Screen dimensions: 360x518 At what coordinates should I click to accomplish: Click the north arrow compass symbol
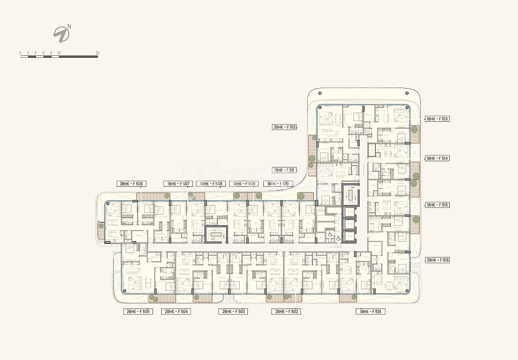click(x=62, y=34)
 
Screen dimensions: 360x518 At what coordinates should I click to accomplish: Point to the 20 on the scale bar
click(x=97, y=52)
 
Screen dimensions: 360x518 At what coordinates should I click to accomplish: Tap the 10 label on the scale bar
click(x=59, y=52)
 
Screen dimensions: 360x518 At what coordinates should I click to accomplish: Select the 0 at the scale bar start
click(x=20, y=52)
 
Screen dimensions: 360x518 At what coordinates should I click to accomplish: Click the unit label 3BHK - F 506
click(x=131, y=183)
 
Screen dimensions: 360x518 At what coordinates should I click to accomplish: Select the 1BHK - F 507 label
click(x=178, y=183)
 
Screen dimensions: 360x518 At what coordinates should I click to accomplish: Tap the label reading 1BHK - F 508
click(x=211, y=183)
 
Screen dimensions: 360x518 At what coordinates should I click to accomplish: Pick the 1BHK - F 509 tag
click(x=244, y=183)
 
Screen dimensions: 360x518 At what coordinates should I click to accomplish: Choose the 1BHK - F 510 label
click(x=278, y=183)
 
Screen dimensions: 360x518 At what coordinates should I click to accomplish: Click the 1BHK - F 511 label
click(x=284, y=170)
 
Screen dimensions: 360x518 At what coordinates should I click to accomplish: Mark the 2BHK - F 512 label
click(x=284, y=127)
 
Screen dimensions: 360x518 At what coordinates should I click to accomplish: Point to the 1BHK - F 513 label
click(x=437, y=119)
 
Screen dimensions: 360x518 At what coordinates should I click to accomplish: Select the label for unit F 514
click(x=437, y=158)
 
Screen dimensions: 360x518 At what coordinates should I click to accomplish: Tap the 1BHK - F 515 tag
click(x=437, y=205)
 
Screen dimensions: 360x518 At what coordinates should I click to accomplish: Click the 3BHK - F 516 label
click(x=437, y=260)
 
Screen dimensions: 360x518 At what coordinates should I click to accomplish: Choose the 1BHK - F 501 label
click(x=370, y=311)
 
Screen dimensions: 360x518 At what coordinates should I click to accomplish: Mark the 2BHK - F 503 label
click(x=233, y=311)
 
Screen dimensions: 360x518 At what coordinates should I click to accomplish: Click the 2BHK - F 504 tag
click(x=177, y=311)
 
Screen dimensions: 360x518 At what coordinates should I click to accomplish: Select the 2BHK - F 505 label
click(x=138, y=311)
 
